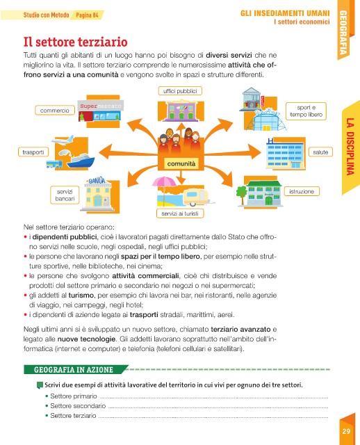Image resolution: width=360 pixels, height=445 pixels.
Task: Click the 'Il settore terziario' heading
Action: (75, 42)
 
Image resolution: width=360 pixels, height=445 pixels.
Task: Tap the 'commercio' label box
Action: (55, 111)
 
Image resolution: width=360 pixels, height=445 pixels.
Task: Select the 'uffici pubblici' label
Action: (180, 91)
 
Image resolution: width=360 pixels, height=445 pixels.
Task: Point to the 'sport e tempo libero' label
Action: (306, 111)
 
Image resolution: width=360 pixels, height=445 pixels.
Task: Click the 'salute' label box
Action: (320, 152)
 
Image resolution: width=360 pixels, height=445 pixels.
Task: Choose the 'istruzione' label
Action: (302, 192)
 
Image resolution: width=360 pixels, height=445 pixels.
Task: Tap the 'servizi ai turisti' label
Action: (180, 213)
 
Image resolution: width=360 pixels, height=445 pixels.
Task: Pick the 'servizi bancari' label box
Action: (65, 195)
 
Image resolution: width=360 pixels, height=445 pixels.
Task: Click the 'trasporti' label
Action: (33, 152)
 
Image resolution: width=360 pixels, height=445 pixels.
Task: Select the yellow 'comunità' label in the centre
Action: (181, 164)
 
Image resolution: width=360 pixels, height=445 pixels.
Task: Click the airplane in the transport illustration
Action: (63, 140)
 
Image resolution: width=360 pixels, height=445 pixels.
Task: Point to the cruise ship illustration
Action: (81, 161)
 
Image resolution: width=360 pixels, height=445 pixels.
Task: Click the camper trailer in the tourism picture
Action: (196, 197)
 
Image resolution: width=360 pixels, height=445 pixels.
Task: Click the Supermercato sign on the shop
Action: (101, 106)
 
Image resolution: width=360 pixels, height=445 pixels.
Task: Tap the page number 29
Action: (346, 431)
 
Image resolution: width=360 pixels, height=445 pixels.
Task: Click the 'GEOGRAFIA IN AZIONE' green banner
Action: (74, 369)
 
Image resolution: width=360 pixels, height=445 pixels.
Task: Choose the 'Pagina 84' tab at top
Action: (88, 15)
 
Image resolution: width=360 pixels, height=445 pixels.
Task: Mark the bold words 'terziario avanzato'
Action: (240, 329)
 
